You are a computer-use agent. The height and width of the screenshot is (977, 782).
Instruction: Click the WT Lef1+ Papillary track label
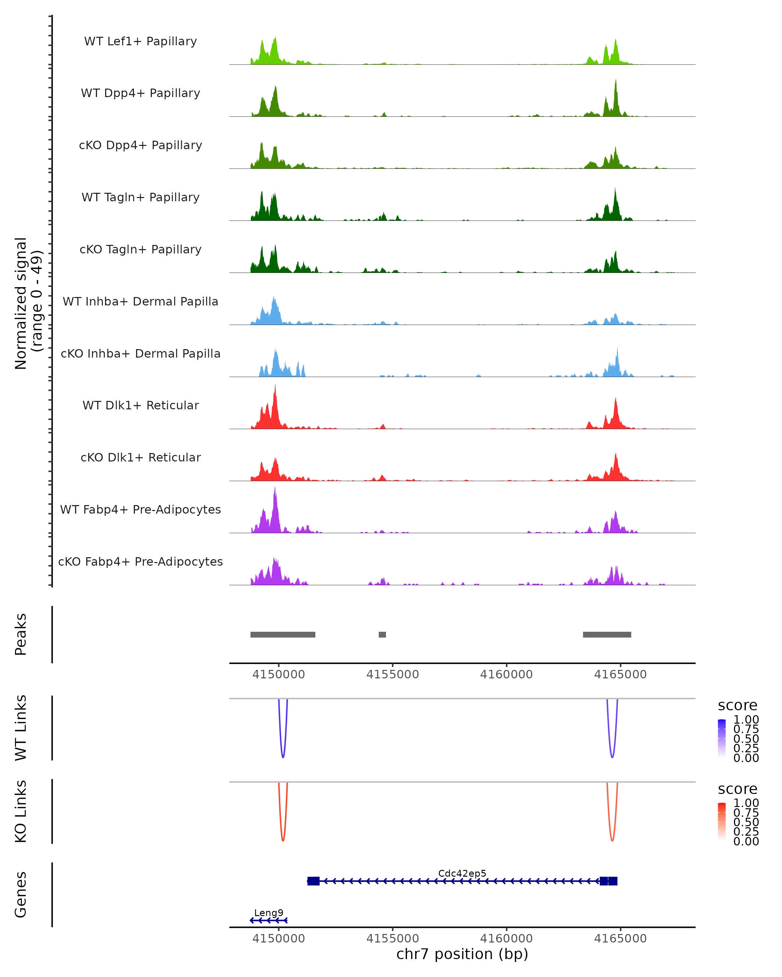(140, 41)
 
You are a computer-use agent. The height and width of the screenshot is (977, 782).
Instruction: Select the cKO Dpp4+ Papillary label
(140, 146)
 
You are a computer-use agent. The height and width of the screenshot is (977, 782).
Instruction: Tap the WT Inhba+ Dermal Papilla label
(140, 302)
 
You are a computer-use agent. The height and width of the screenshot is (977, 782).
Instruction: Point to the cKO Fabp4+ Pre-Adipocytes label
(140, 562)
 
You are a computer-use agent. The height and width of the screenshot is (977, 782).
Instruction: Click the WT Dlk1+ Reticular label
(140, 405)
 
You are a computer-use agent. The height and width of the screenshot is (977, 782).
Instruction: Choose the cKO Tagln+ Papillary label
(140, 250)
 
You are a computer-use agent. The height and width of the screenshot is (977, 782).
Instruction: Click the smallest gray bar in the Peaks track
(382, 635)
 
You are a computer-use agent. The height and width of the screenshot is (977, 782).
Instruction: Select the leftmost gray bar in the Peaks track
(283, 635)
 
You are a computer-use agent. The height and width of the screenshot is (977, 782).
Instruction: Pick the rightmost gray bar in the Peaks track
(607, 635)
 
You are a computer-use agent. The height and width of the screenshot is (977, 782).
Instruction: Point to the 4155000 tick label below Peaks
(393, 675)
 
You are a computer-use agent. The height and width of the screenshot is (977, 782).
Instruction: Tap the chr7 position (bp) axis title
(462, 954)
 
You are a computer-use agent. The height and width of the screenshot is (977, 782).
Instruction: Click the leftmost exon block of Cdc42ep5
(313, 881)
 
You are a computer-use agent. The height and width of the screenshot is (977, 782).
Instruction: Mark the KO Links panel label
(21, 811)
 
